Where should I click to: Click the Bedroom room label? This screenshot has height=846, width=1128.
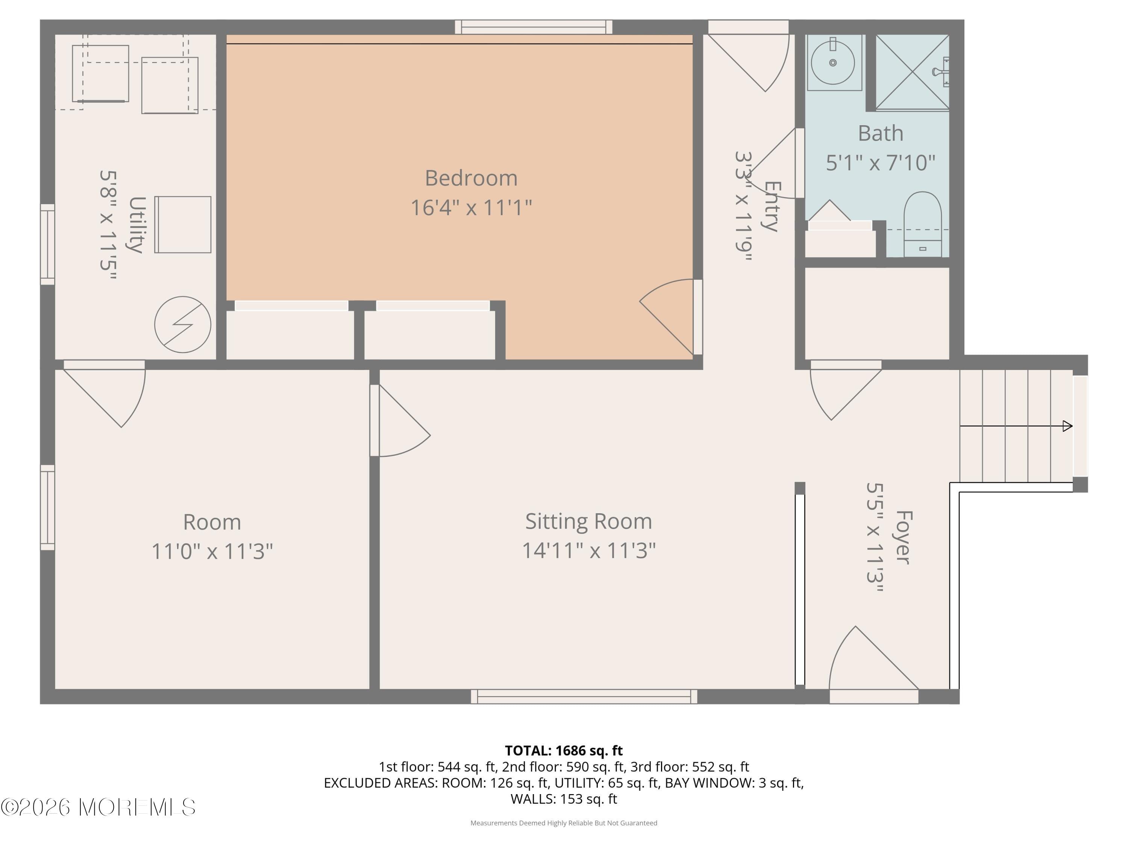click(471, 178)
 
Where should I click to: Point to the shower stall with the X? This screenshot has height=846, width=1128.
click(912, 72)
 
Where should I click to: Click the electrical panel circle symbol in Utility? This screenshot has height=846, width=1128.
click(183, 324)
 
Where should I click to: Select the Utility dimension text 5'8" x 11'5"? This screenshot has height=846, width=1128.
click(108, 225)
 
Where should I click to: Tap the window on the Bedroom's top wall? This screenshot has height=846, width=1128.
click(534, 27)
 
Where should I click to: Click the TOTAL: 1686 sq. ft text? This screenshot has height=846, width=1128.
click(564, 750)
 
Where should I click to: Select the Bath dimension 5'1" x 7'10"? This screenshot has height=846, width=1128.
click(880, 163)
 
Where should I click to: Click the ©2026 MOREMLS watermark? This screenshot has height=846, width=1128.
click(98, 807)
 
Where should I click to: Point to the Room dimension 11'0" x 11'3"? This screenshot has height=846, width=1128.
click(212, 552)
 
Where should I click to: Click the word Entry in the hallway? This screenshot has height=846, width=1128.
click(771, 206)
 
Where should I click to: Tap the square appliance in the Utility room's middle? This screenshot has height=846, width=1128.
click(183, 224)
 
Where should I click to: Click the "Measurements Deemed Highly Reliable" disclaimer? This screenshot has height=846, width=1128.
click(564, 823)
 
